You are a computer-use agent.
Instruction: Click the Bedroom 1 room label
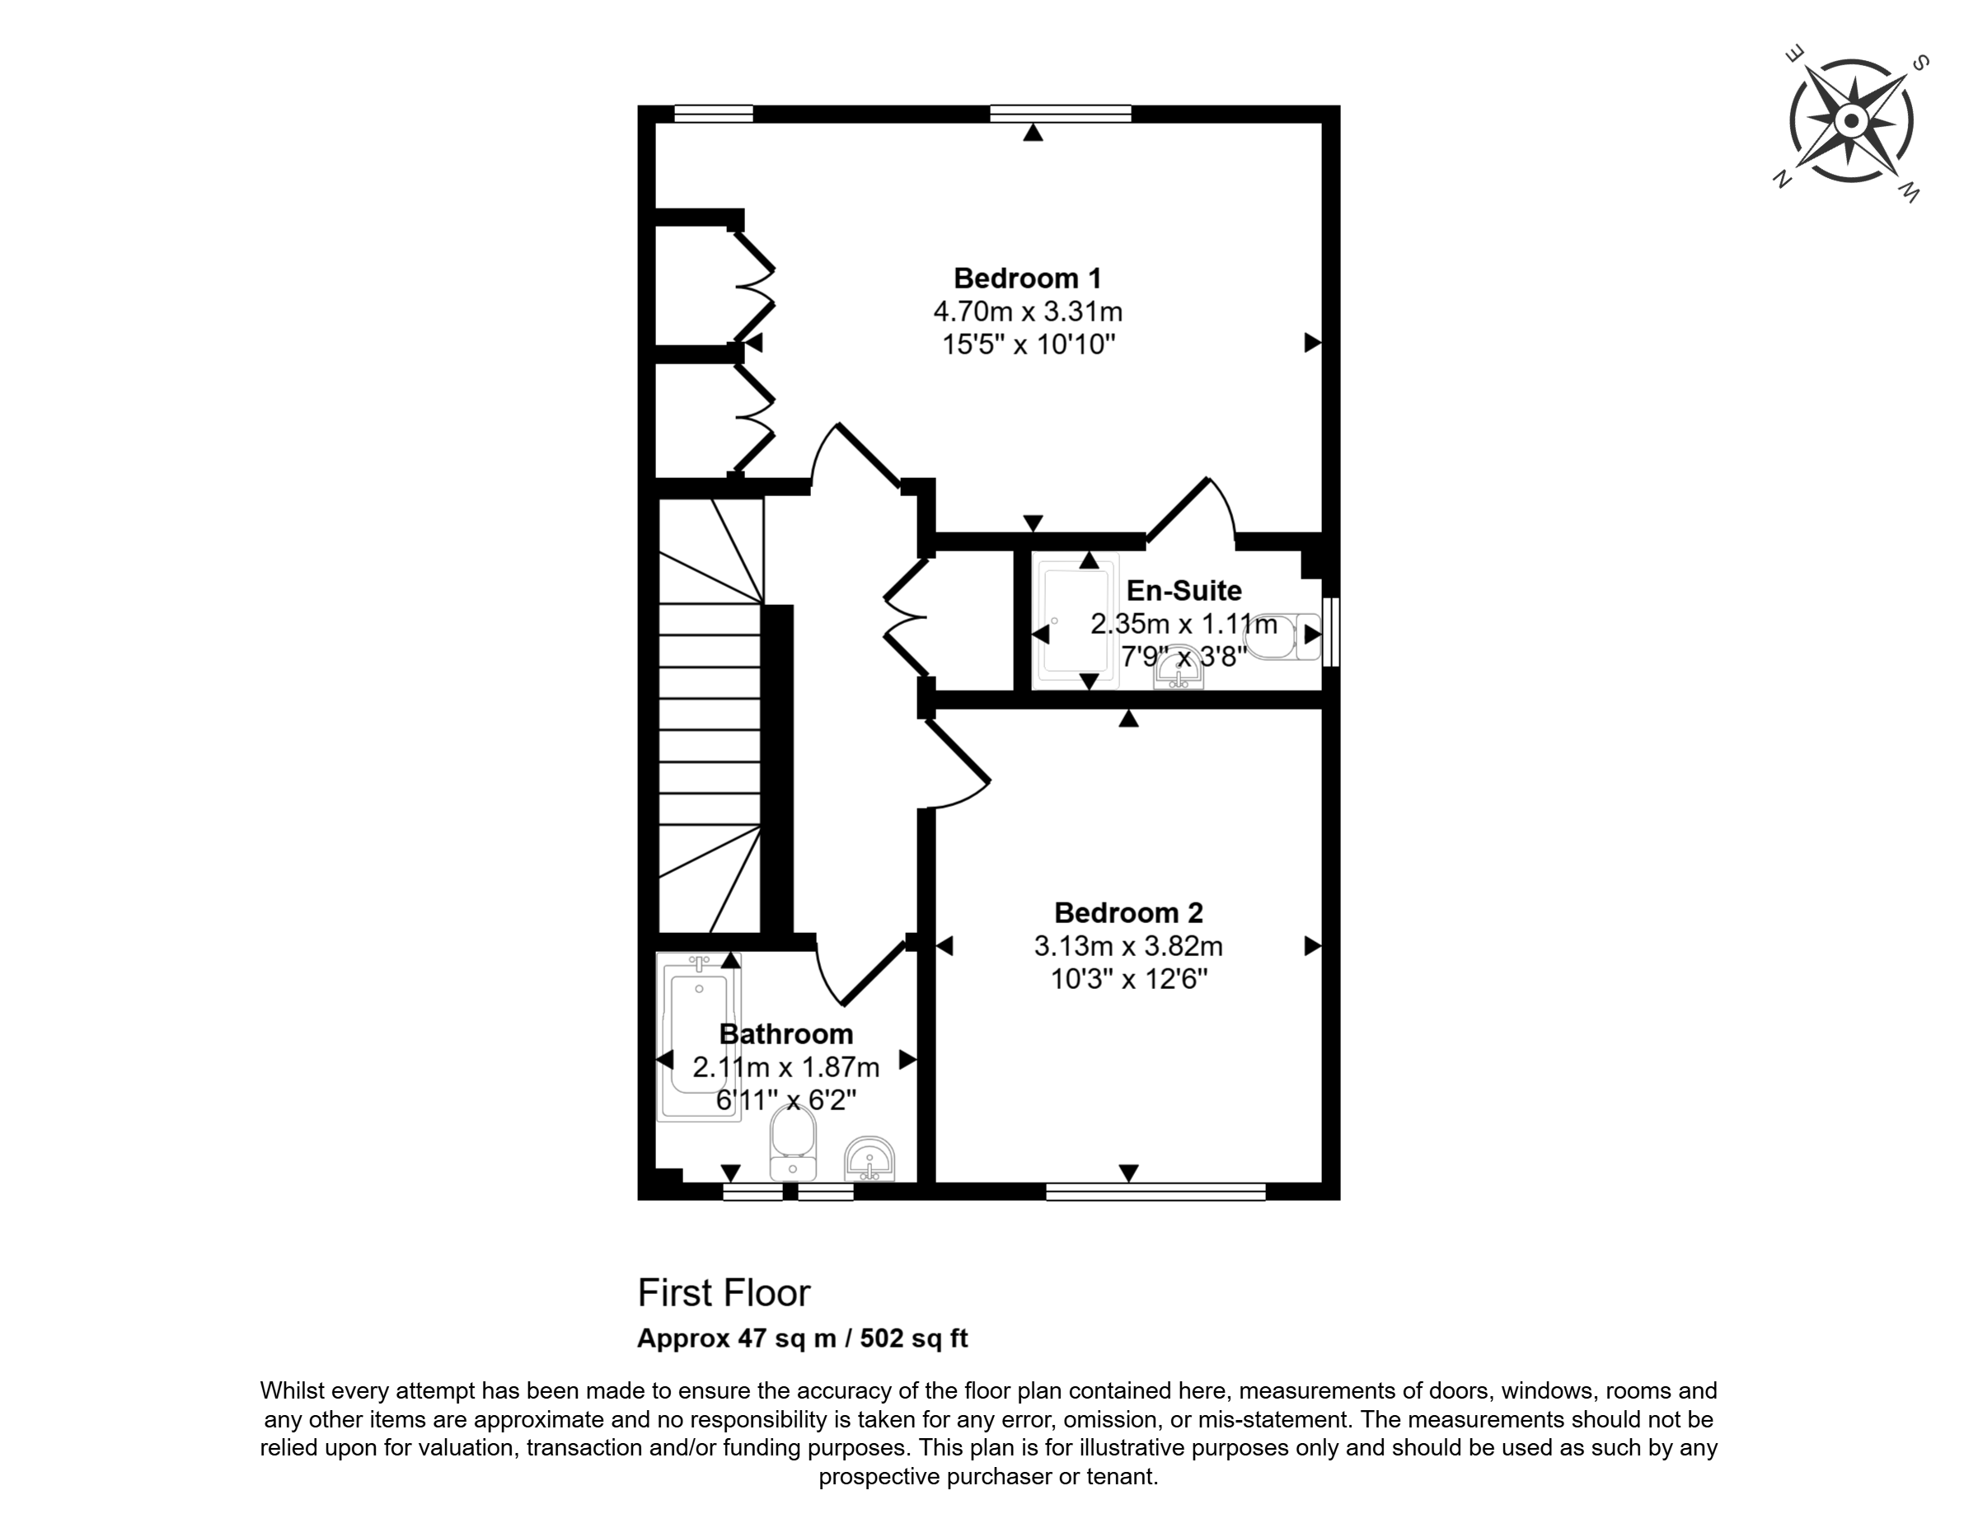(1028, 277)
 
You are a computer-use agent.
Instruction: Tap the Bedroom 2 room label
(1128, 912)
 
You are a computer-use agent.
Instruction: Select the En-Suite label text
(1184, 591)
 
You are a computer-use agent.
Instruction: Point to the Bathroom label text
(786, 1034)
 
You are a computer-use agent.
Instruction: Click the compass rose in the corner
(1851, 120)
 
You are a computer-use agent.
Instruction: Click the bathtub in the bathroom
(698, 1037)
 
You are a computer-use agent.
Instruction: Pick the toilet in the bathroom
(794, 1142)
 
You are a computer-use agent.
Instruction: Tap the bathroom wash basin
(869, 1160)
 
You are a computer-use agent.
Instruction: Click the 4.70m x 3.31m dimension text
(1028, 312)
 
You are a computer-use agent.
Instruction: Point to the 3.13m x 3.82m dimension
(1128, 946)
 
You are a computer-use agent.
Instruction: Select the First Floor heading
(724, 1292)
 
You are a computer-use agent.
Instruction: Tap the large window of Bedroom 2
(1155, 1192)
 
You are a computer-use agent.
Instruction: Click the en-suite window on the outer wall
(1331, 632)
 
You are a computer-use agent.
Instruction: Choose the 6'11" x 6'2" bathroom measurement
(786, 1100)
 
